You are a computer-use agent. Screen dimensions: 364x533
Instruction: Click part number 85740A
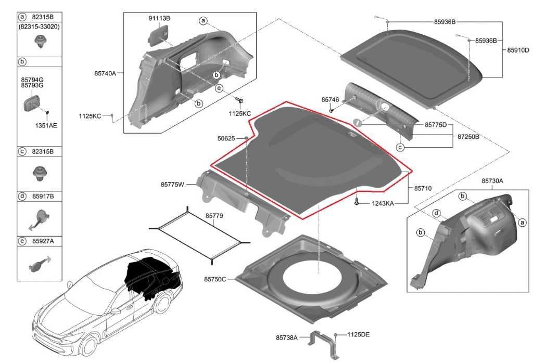pyautogui.click(x=105, y=73)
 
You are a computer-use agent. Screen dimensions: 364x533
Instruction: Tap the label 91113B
pyautogui.click(x=159, y=18)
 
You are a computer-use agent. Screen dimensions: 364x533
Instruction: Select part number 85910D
pyautogui.click(x=518, y=50)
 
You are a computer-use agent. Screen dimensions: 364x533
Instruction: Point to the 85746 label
pyautogui.click(x=330, y=99)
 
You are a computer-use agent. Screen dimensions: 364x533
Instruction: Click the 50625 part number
pyautogui.click(x=226, y=138)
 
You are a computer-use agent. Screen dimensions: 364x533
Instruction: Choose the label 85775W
pyautogui.click(x=173, y=184)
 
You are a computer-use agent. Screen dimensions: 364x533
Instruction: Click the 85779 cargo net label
pyautogui.click(x=214, y=215)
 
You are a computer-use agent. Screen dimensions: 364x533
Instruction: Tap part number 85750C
pyautogui.click(x=215, y=279)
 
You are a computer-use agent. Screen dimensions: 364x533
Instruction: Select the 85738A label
pyautogui.click(x=287, y=337)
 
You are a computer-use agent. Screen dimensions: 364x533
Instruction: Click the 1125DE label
pyautogui.click(x=358, y=334)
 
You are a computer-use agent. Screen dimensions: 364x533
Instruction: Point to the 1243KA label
pyautogui.click(x=382, y=203)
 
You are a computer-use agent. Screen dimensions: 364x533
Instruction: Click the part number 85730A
pyautogui.click(x=492, y=181)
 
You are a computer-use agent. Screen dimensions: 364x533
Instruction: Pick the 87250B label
pyautogui.click(x=468, y=136)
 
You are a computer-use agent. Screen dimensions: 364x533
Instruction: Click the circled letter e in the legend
pyautogui.click(x=22, y=241)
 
